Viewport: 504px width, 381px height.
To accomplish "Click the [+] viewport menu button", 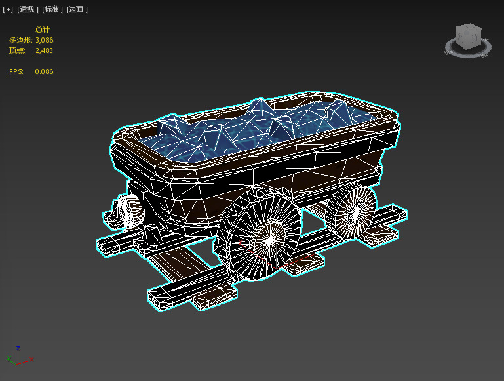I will click(x=8, y=9).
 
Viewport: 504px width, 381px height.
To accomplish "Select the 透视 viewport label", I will click(x=27, y=9).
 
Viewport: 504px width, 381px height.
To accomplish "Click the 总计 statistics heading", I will click(x=43, y=30).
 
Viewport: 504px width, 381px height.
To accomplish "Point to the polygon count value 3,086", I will click(x=44, y=40).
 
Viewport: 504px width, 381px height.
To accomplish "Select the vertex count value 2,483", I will click(x=44, y=50).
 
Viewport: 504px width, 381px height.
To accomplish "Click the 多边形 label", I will click(x=20, y=40).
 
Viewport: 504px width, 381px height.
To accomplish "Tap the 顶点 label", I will click(x=17, y=50).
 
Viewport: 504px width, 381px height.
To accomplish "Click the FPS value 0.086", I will click(x=44, y=71).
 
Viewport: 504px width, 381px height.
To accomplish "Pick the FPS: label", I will click(x=16, y=71).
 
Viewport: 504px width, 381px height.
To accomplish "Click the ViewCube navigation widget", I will click(x=468, y=39).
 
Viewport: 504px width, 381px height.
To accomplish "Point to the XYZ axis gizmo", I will click(x=19, y=357).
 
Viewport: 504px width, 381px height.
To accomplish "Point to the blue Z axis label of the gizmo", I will click(x=18, y=348).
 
